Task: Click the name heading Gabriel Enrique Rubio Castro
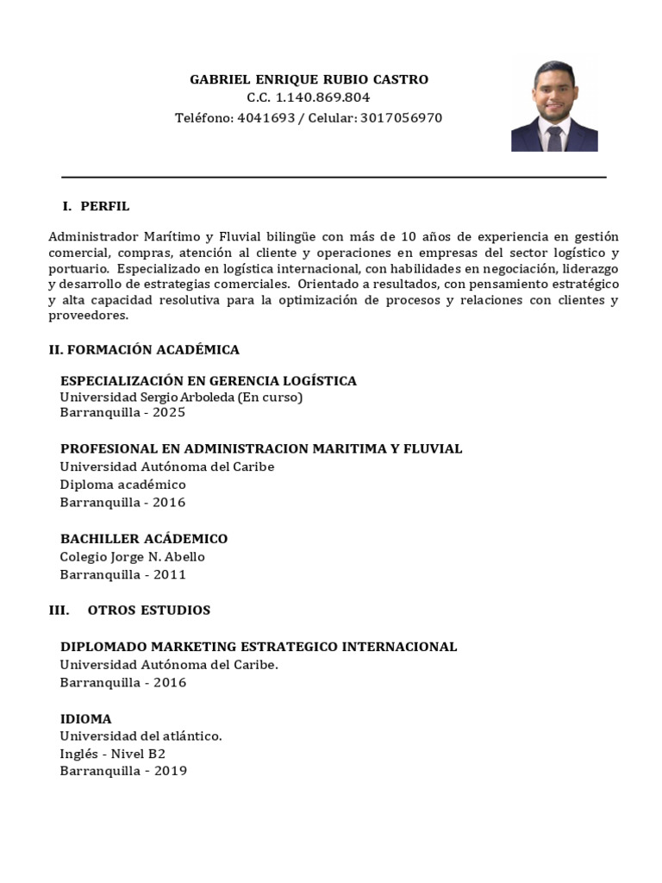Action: [x=309, y=79]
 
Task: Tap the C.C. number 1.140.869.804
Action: [x=321, y=98]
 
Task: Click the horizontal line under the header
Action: [x=334, y=177]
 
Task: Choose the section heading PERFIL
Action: [x=105, y=206]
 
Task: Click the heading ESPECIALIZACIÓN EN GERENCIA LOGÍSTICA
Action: [x=208, y=381]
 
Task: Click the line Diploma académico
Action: [x=122, y=485]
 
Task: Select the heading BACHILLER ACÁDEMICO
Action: [x=144, y=539]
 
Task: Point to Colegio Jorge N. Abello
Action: [x=132, y=557]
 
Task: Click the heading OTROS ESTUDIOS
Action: [x=149, y=611]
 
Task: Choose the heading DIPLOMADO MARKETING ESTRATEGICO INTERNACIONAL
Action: [x=259, y=647]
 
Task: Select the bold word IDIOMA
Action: [x=85, y=718]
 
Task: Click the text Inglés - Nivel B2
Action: [x=112, y=754]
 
